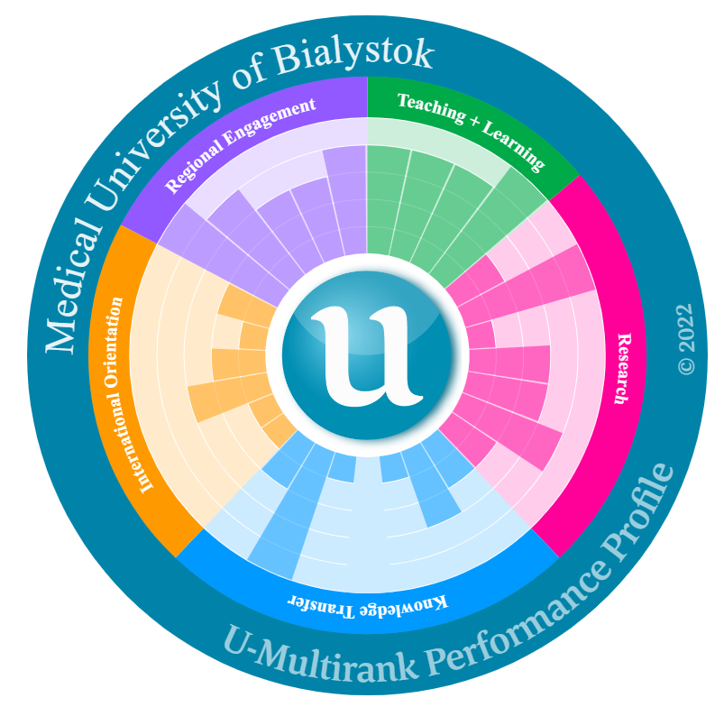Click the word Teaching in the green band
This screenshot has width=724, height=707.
[427, 106]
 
